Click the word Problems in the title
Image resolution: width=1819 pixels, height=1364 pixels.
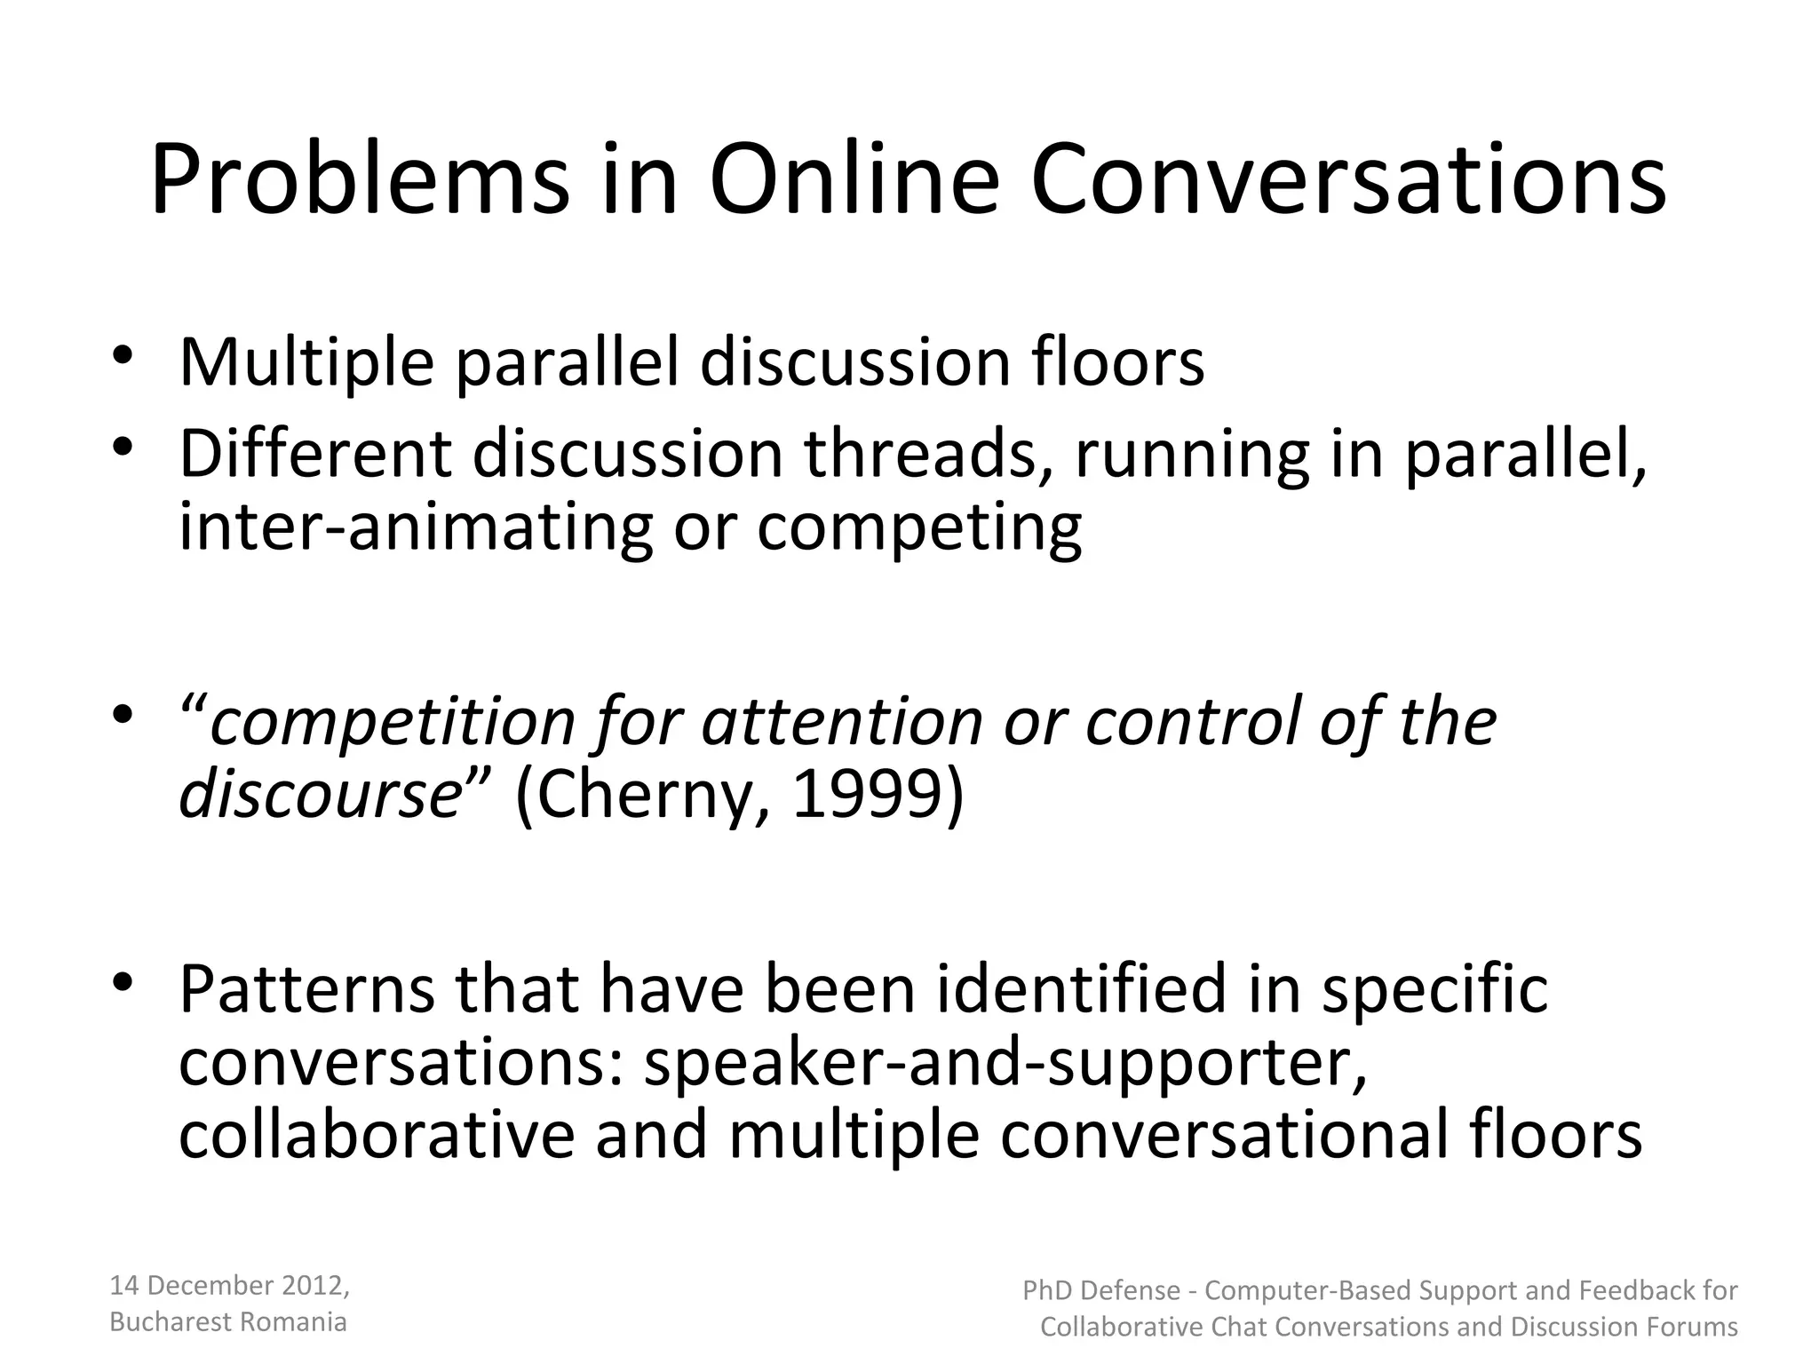click(x=359, y=182)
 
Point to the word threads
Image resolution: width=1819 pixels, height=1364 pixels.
click(x=929, y=453)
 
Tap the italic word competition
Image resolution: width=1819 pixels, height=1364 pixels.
click(x=392, y=721)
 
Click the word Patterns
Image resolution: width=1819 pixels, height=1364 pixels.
click(x=307, y=989)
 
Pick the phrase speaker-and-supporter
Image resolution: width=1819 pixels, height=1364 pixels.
click(x=1005, y=1064)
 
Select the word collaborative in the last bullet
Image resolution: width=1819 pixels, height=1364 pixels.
click(x=377, y=1135)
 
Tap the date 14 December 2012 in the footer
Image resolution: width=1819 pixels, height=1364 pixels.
click(x=228, y=1285)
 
